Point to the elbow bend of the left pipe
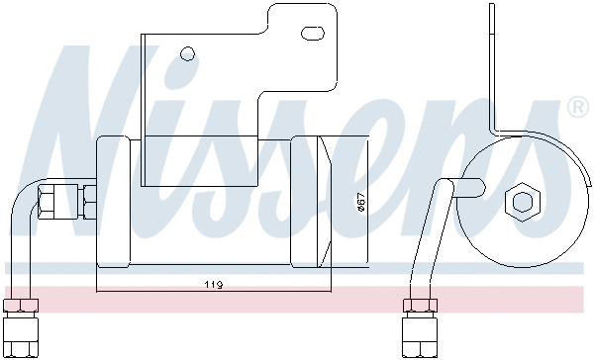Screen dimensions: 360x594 [x=20, y=203]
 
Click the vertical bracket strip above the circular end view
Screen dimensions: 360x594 [x=492, y=69]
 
